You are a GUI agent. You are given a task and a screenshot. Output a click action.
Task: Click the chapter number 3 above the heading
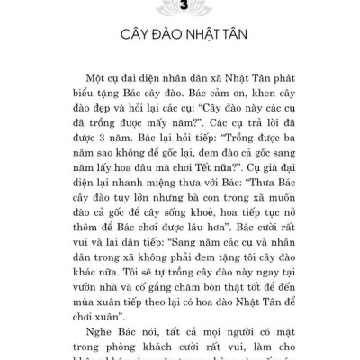tap(180, 7)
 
